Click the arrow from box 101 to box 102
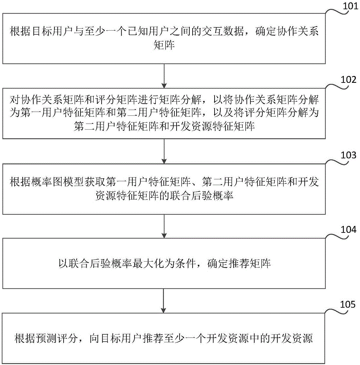point(164,75)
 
